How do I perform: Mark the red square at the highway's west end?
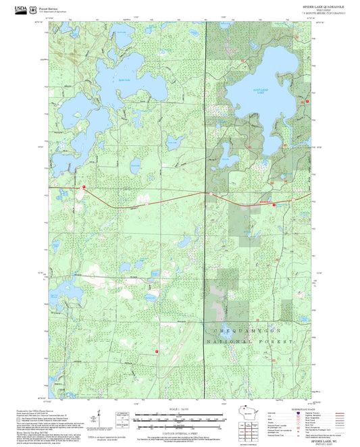coord(84,186)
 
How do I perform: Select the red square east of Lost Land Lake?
coord(307,101)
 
